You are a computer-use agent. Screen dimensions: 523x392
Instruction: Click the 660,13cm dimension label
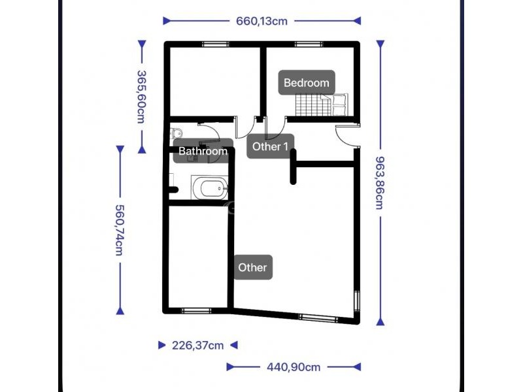[x=262, y=22]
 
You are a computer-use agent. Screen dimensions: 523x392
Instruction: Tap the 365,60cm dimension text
[x=142, y=97]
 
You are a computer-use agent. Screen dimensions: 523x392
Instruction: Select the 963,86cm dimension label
[x=380, y=183]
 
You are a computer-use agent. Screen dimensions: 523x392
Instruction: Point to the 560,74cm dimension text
[x=120, y=230]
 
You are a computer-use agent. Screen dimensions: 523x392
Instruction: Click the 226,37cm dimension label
[x=198, y=346]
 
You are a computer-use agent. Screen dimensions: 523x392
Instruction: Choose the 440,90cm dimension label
[x=294, y=367]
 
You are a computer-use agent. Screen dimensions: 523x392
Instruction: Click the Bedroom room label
[x=307, y=83]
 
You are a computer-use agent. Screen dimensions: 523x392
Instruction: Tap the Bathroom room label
[x=203, y=151]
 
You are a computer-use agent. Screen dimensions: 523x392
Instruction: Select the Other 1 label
[x=270, y=146]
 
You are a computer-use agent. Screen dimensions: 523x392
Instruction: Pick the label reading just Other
[x=253, y=267]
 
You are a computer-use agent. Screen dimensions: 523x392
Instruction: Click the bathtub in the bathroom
[x=210, y=188]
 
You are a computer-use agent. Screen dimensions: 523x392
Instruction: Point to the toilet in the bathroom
[x=176, y=133]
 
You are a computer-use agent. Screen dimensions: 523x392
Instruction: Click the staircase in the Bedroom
[x=322, y=105]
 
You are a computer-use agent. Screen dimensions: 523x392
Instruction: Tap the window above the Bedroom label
[x=309, y=44]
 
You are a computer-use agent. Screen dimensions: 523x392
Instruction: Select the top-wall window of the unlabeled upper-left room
[x=216, y=44]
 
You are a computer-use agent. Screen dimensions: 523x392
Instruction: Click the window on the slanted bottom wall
[x=318, y=318]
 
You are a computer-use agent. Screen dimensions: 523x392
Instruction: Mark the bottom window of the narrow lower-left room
[x=196, y=311]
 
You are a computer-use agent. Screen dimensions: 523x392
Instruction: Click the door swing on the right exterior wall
[x=347, y=135]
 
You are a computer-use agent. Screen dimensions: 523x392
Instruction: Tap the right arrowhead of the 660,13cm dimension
[x=357, y=21]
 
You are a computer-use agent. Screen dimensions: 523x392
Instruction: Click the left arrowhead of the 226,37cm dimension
[x=162, y=345]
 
